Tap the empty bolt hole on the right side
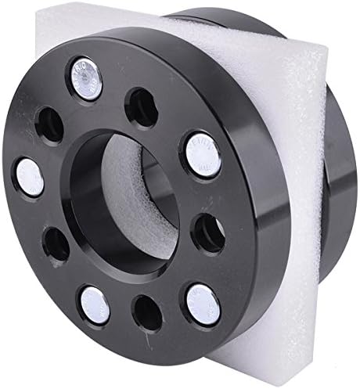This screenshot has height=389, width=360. coord(208,231)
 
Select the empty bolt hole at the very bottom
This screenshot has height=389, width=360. coord(147,312)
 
